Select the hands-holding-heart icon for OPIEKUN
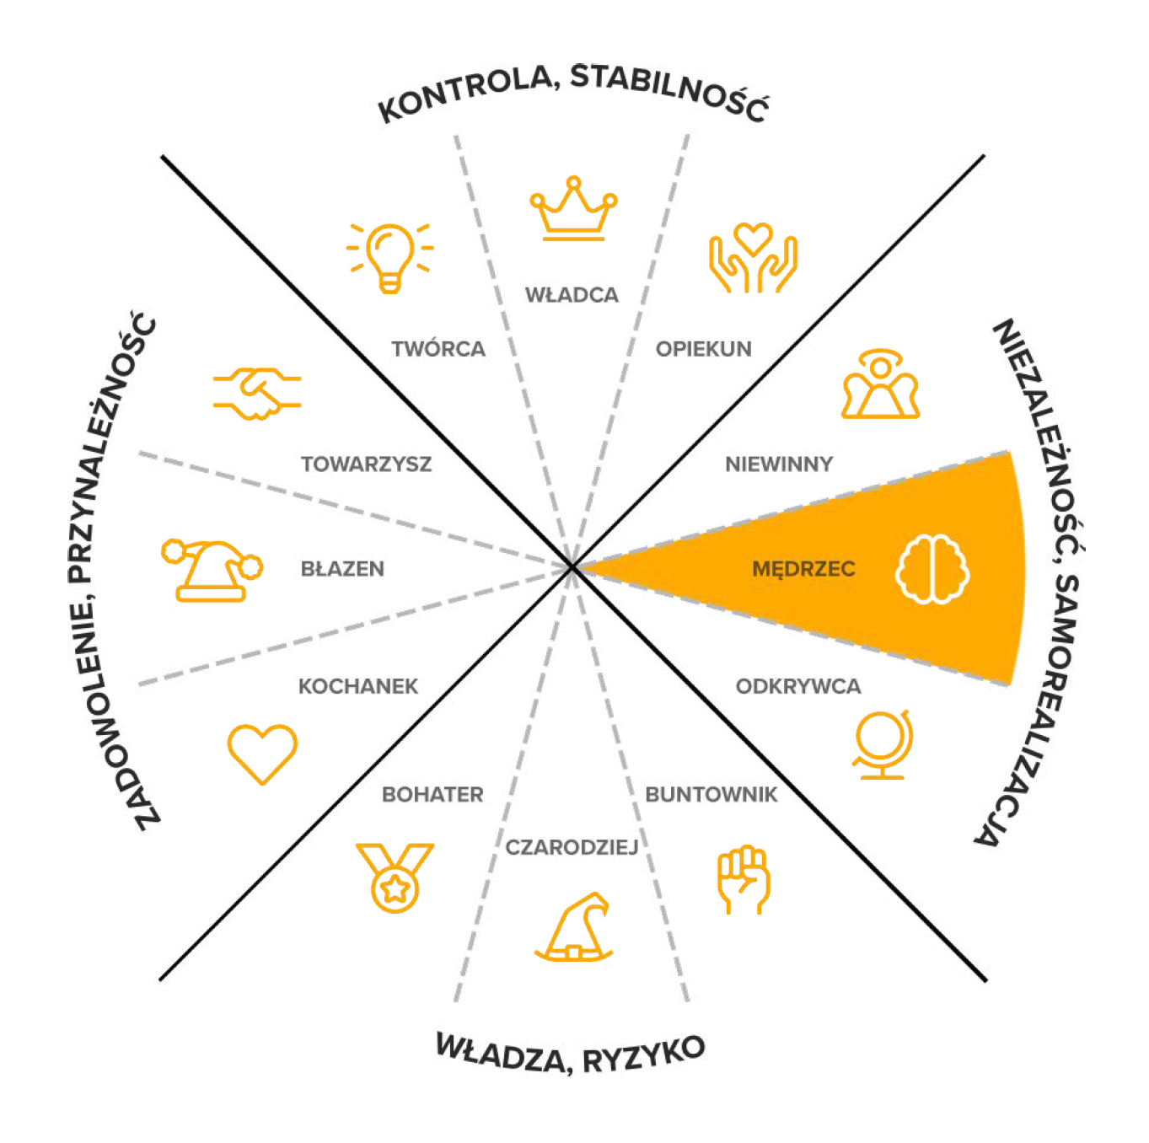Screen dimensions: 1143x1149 (x=753, y=257)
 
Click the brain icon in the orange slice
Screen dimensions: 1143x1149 (x=932, y=569)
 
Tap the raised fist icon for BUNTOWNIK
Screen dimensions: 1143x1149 (x=744, y=881)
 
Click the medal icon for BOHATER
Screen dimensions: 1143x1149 (x=395, y=877)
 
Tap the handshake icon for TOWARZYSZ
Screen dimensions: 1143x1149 (x=257, y=393)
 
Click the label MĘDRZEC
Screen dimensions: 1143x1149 (x=803, y=569)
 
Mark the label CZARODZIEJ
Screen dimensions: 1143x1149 (x=572, y=847)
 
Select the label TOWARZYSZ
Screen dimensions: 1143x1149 (x=366, y=464)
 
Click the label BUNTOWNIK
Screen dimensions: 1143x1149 (x=711, y=795)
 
